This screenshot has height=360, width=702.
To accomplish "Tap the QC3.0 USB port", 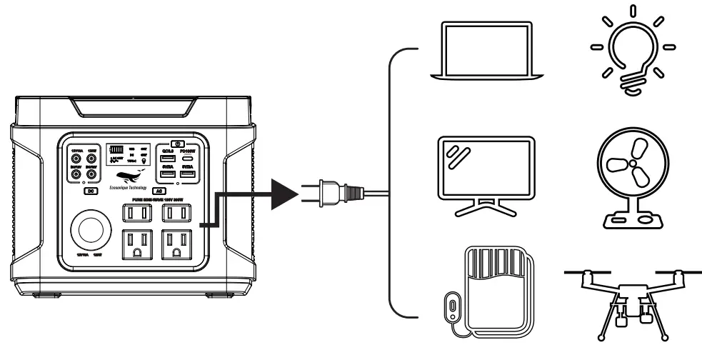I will click(x=168, y=159).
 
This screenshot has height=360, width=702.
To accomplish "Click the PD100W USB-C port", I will click(x=189, y=159).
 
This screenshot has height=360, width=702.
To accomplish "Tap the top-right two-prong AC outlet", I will click(x=176, y=213).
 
